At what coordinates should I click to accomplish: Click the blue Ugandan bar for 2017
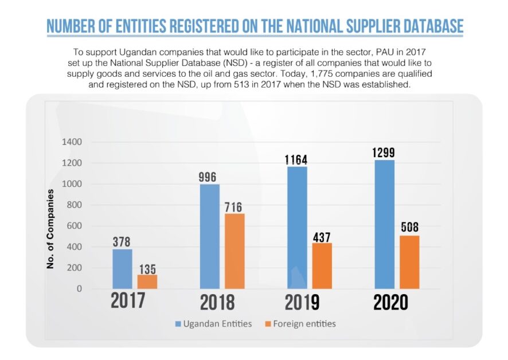pos(122,269)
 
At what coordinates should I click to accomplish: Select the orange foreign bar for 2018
pos(235,251)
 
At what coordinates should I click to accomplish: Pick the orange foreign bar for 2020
pos(409,262)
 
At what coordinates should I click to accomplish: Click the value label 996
pos(208,177)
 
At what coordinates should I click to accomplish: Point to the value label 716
pos(234,207)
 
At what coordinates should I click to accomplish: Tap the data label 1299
pos(383,153)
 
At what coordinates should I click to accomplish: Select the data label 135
pos(147,269)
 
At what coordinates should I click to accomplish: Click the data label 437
pos(322,237)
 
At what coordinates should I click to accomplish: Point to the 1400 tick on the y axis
pos(73,142)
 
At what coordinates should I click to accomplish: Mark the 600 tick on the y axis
pos(75,226)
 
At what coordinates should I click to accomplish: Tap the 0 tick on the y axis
pos(80,289)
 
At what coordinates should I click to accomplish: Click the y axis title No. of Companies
pos(50,228)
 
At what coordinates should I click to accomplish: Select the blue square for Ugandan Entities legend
pos(178,324)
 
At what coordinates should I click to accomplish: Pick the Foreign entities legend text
pos(304,324)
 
